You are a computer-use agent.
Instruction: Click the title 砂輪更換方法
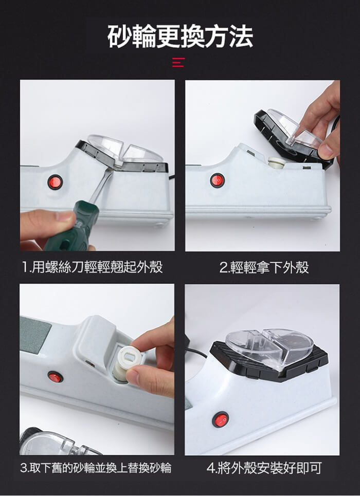(180, 36)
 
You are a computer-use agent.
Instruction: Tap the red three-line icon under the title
(178, 62)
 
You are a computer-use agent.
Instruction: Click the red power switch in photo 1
(55, 182)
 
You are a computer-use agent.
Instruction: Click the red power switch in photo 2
(218, 180)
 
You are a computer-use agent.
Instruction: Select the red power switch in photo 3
(55, 377)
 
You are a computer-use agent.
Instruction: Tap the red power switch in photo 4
(221, 420)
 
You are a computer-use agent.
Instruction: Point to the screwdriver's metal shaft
(102, 185)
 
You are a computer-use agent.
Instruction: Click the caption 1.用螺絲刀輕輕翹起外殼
(93, 267)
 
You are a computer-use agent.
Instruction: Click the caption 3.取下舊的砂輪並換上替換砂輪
(96, 468)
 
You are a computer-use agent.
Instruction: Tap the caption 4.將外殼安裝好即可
(264, 468)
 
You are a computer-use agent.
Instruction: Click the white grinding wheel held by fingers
(127, 364)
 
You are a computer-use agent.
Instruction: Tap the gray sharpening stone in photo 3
(35, 334)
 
